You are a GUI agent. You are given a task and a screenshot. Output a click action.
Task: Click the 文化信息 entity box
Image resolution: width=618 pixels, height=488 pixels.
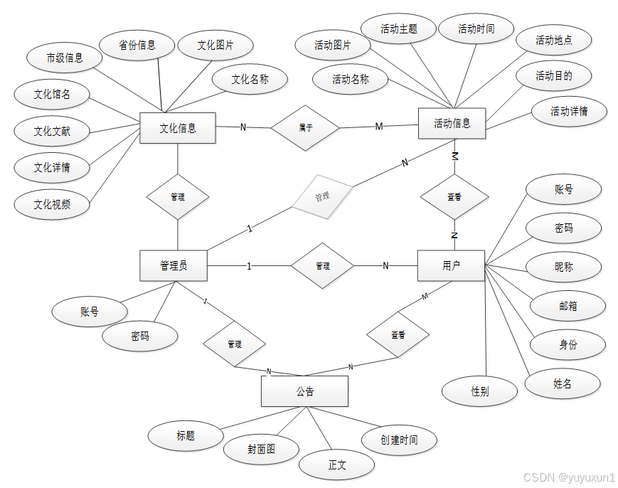[177, 128]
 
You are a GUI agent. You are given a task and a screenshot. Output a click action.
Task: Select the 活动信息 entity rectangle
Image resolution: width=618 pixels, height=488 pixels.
[452, 123]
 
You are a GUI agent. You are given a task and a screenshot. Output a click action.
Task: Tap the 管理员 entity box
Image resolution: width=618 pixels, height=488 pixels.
[174, 265]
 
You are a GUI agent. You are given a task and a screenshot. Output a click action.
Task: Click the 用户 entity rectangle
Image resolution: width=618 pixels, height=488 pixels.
[451, 265]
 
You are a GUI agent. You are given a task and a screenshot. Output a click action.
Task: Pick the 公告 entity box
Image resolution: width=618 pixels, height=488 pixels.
[304, 391]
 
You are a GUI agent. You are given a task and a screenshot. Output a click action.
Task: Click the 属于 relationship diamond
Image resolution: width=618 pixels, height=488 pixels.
[305, 128]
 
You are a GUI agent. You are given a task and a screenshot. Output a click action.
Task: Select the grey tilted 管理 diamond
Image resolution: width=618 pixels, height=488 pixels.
[322, 196]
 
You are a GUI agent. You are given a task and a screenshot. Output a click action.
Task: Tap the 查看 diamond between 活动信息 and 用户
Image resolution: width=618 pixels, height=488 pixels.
[454, 197]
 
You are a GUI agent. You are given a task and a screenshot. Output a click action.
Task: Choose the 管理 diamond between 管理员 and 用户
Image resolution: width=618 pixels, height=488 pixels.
[322, 266]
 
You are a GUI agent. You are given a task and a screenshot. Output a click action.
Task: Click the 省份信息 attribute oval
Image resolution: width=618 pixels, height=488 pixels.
[137, 45]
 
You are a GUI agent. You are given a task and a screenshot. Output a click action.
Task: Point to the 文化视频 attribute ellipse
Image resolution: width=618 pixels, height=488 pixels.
[52, 204]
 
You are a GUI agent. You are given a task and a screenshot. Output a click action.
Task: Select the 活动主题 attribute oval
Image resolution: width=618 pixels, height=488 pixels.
[398, 29]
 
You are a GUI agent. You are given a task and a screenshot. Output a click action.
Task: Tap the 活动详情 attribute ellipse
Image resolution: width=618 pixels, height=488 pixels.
[569, 111]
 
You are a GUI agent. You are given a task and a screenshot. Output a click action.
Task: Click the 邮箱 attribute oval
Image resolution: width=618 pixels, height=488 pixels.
[568, 306]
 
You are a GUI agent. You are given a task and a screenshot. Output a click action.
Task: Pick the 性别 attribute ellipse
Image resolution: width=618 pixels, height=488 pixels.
[479, 391]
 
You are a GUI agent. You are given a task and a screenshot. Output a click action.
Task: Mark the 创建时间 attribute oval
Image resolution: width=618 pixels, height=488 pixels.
[398, 440]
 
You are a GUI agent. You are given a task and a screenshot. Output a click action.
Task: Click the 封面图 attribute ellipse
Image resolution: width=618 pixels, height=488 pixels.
[261, 449]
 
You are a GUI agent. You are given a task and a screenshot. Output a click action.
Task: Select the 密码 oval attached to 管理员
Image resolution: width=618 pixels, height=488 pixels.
[139, 336]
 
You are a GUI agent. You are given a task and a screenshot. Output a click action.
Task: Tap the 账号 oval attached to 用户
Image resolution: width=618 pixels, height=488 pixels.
[563, 190]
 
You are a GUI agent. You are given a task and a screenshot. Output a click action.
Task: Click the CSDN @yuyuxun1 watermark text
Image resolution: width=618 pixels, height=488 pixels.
[569, 477]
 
